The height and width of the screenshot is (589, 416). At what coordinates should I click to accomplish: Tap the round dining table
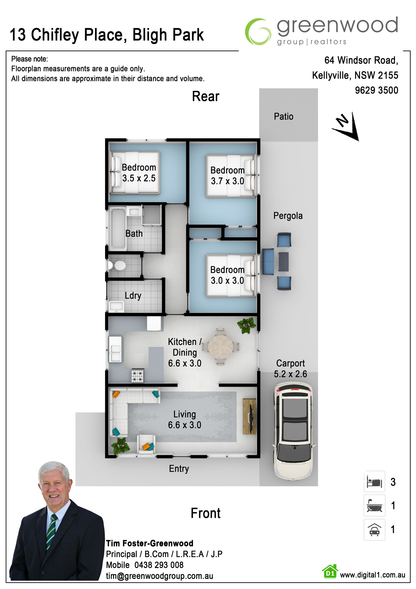(x=220, y=347)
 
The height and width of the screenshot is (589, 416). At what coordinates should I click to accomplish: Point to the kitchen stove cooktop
(x=138, y=376)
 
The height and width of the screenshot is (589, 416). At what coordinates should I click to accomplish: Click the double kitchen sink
(x=115, y=349)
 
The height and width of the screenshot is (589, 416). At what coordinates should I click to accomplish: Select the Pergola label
(x=288, y=216)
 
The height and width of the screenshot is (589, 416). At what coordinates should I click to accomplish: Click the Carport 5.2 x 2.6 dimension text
(x=291, y=369)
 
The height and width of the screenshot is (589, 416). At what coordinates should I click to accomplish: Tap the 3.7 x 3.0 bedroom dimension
(x=227, y=181)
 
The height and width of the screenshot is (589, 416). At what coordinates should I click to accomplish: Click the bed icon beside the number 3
(x=374, y=482)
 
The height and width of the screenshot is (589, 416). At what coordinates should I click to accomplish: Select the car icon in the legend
(x=374, y=530)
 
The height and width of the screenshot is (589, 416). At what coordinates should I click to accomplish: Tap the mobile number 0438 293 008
(x=159, y=565)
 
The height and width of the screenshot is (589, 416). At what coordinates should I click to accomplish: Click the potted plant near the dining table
(x=246, y=325)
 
